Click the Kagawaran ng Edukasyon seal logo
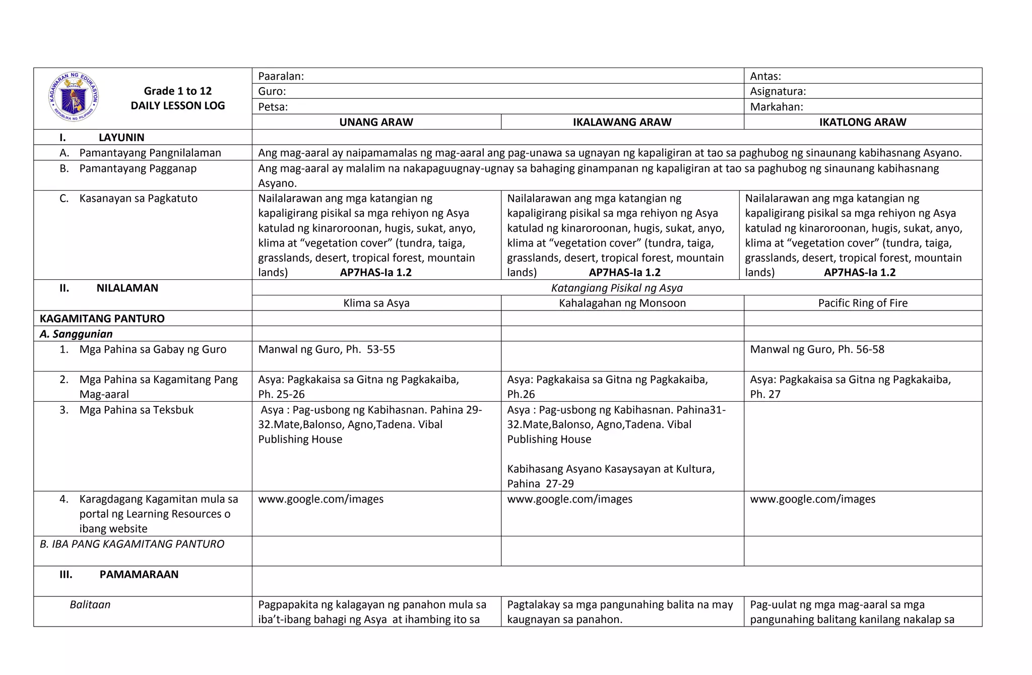(x=74, y=97)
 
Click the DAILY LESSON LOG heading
(x=177, y=106)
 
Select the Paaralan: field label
(x=281, y=76)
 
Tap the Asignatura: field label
(x=778, y=91)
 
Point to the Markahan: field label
(x=776, y=107)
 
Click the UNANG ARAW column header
(x=376, y=122)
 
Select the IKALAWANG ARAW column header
(x=622, y=122)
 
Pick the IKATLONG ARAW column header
(x=862, y=122)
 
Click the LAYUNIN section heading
(x=121, y=138)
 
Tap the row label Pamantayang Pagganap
(x=138, y=168)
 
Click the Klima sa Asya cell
(x=376, y=303)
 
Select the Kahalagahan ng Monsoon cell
(x=622, y=303)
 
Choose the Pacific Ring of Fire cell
(x=862, y=303)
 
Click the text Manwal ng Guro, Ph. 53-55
(x=326, y=349)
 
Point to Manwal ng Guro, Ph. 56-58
(x=817, y=349)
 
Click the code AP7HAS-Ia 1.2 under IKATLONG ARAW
(x=859, y=273)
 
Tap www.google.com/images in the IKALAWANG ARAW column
(x=569, y=499)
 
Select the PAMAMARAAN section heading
(x=139, y=575)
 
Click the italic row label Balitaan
(x=90, y=604)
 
